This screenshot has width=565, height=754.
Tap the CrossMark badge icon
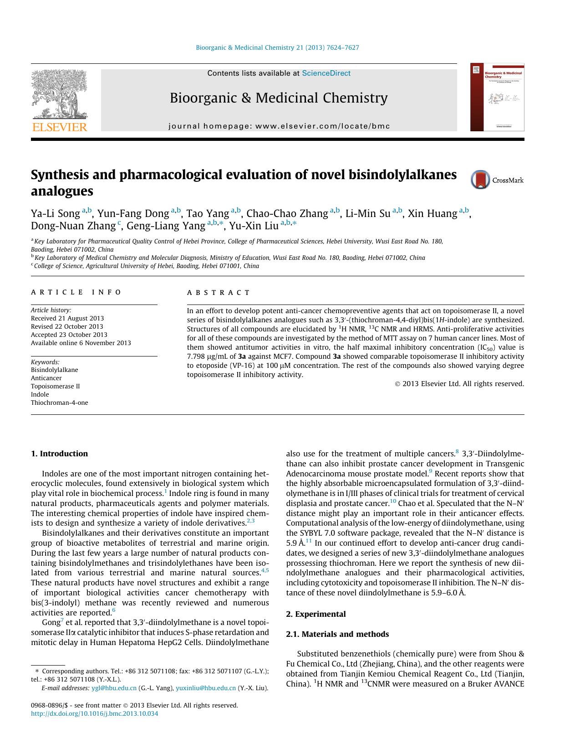[480, 180]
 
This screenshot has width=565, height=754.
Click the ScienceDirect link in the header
[326, 73]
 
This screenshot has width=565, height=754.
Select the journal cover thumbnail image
[497, 98]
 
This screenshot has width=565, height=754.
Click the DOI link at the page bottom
[94, 713]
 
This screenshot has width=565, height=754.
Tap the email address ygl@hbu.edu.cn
[114, 688]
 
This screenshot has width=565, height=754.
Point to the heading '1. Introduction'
[59, 454]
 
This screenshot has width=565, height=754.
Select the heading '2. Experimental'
[316, 614]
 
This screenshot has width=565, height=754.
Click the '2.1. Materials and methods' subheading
[337, 634]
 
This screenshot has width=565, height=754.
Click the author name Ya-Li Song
[55, 213]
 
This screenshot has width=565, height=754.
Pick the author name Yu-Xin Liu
[254, 226]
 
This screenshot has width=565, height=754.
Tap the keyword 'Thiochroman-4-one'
[60, 403]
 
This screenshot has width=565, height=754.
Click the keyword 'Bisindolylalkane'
[54, 370]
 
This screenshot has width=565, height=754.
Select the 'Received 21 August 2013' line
[67, 318]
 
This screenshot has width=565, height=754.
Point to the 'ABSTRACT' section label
[219, 293]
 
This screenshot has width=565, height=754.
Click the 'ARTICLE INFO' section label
[76, 292]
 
